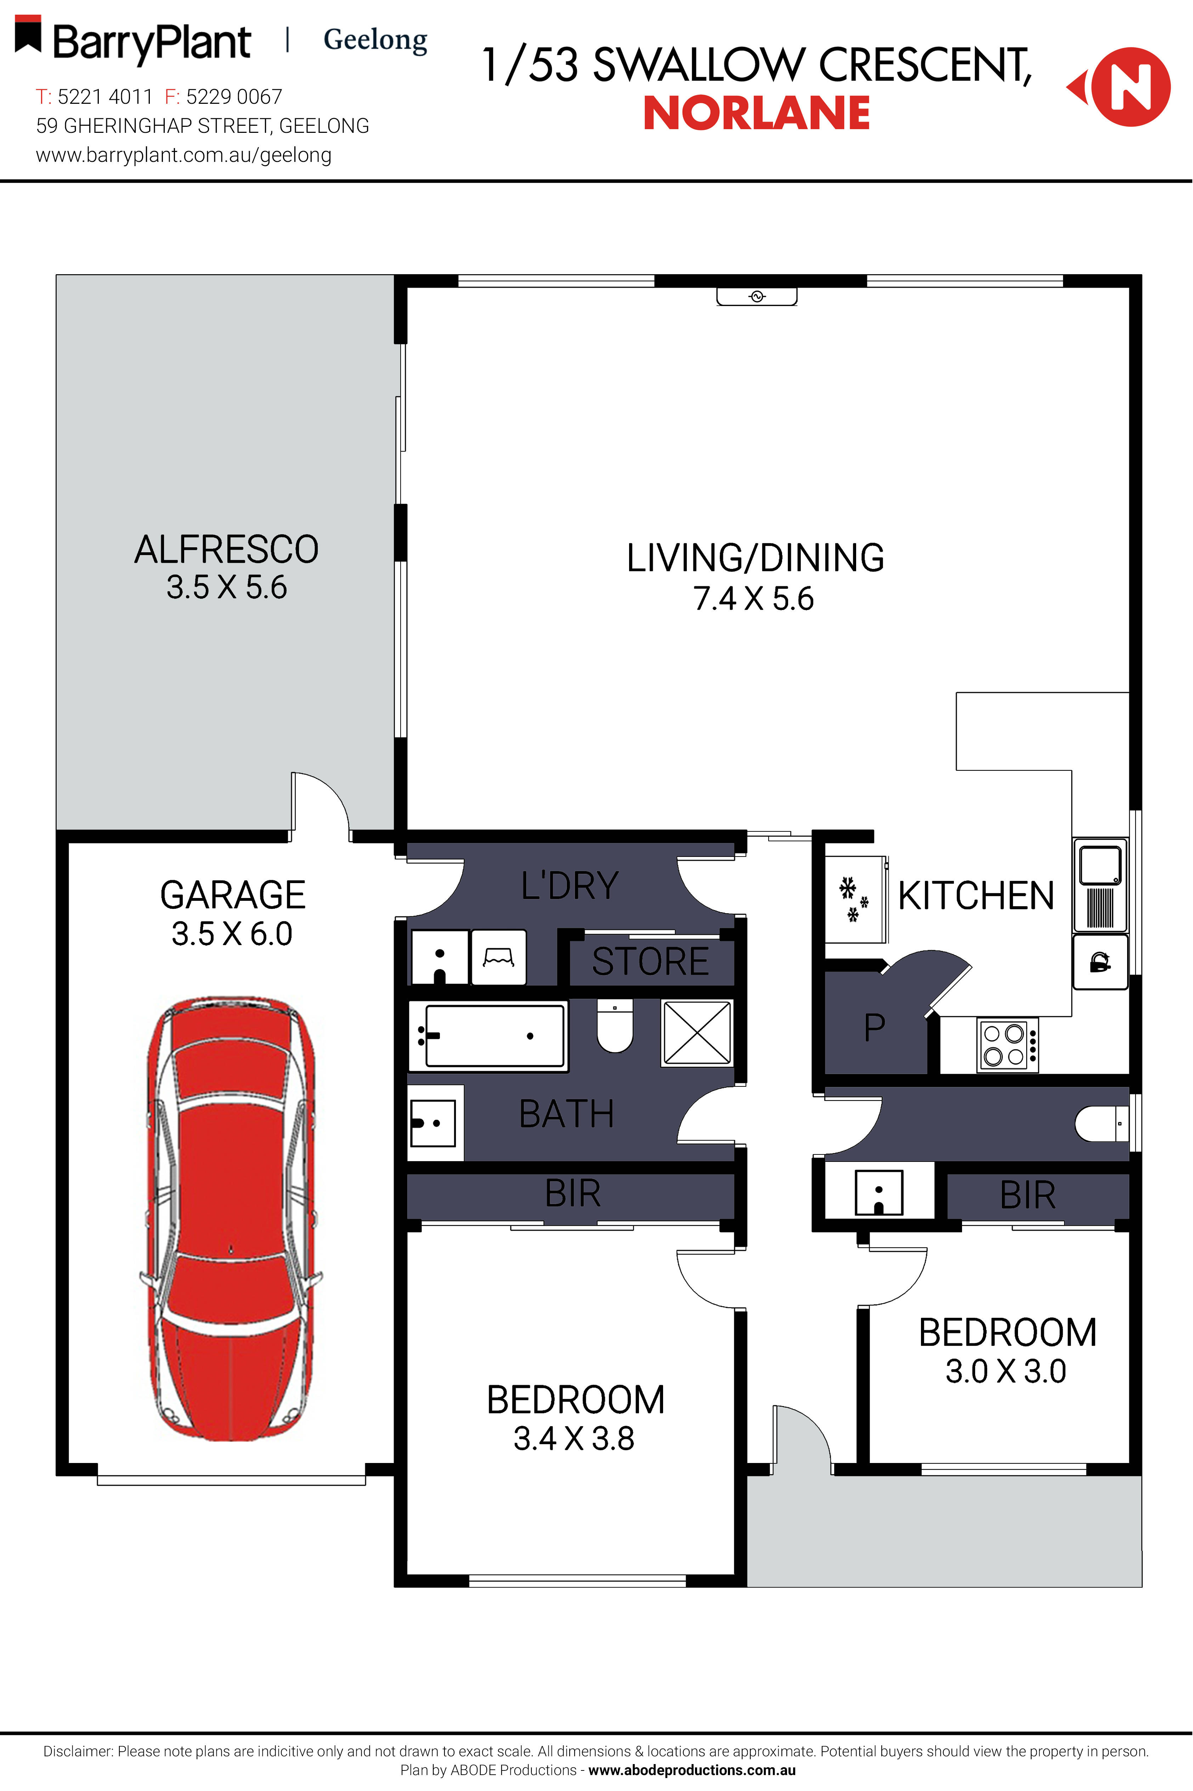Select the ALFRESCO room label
227,549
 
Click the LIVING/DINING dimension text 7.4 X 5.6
753,599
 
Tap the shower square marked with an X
697,1033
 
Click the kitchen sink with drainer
1100,885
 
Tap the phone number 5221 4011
105,97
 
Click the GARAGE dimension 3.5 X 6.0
232,934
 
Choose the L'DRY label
570,886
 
